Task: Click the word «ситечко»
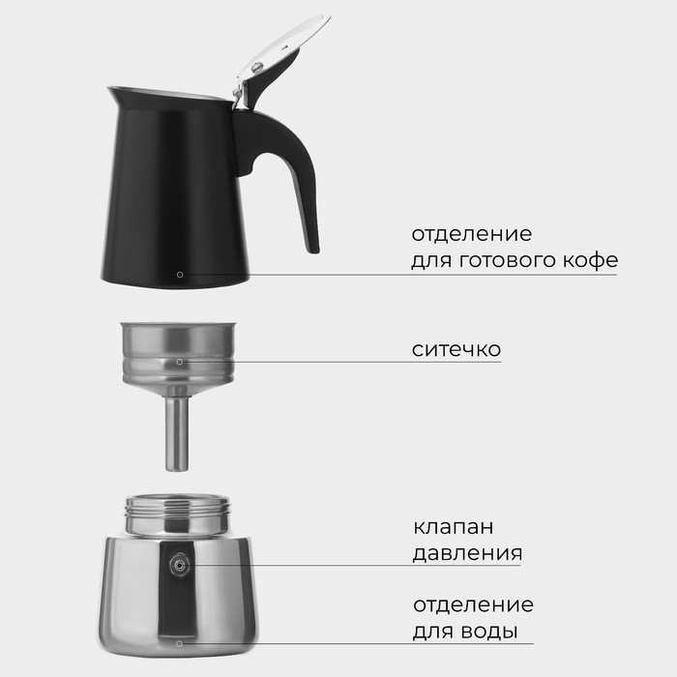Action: (x=456, y=348)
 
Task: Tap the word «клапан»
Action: (x=453, y=528)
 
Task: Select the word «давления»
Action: (x=467, y=554)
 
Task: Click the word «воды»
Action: (x=489, y=632)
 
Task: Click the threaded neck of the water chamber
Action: (x=179, y=515)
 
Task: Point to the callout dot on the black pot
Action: (x=180, y=275)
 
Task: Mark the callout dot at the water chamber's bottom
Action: (x=179, y=642)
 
